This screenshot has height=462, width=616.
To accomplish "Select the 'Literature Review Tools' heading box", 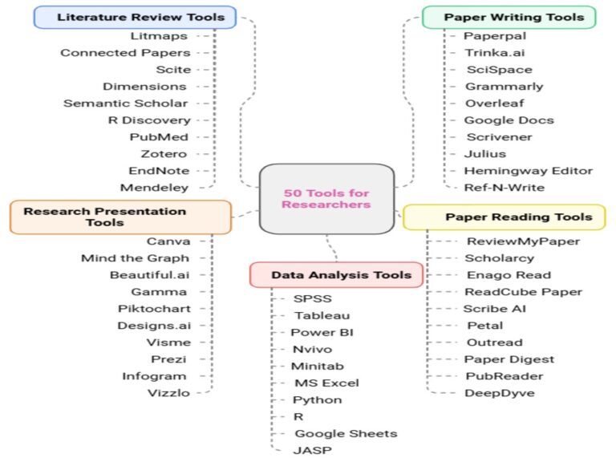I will (135, 17).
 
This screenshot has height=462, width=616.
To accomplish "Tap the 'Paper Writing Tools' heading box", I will (509, 17).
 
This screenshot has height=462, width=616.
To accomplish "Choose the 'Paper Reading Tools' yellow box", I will (504, 217).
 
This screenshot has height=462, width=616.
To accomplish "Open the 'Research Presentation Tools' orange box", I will (120, 217).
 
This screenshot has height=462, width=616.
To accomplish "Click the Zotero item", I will (168, 153).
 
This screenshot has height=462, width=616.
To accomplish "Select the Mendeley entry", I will (154, 187).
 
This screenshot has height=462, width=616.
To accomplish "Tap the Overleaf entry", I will (494, 103).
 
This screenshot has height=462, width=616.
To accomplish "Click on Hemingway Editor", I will (528, 170).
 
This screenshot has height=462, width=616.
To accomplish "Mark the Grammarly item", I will (504, 86).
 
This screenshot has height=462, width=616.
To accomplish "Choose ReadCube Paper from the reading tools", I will (523, 291).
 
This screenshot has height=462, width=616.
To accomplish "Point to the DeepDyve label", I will (499, 392).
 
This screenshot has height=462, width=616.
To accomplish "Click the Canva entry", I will (168, 241).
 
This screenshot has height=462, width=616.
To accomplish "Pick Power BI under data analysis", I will (322, 332).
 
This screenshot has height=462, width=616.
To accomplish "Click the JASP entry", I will (312, 450).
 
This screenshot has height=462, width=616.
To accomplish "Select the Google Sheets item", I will (345, 433).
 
